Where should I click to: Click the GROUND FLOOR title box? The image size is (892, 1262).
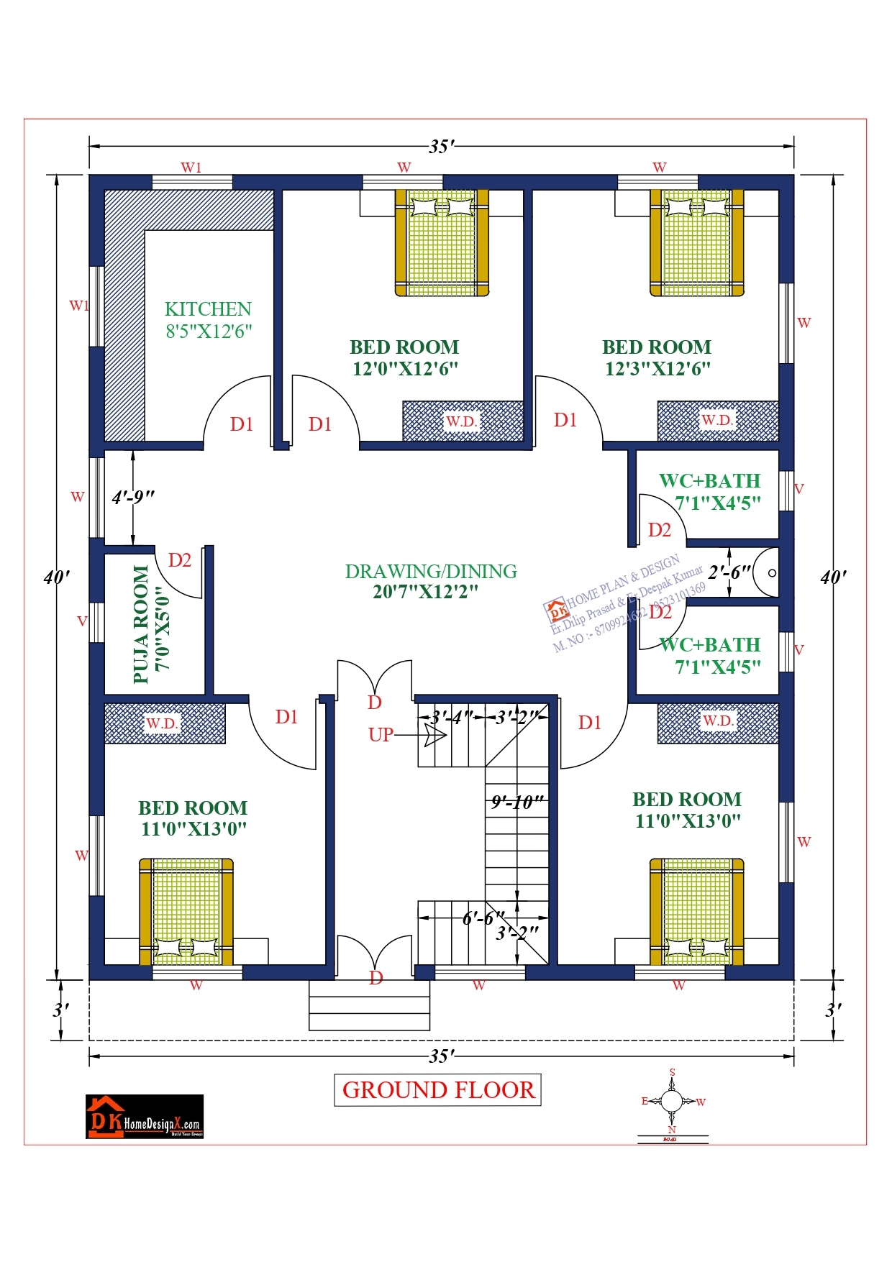pyautogui.click(x=437, y=1090)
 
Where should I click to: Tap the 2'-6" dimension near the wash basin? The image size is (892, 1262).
pyautogui.click(x=729, y=572)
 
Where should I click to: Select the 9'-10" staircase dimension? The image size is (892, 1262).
pyautogui.click(x=516, y=802)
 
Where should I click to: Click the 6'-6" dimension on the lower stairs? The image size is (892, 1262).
pyautogui.click(x=483, y=918)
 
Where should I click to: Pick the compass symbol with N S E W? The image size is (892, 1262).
pyautogui.click(x=671, y=1101)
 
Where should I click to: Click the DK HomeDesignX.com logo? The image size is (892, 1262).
pyautogui.click(x=145, y=1117)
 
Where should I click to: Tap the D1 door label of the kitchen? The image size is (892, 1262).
pyautogui.click(x=242, y=424)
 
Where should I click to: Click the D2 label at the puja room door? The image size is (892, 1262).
pyautogui.click(x=179, y=560)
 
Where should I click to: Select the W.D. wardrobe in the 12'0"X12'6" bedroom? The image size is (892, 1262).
pyautogui.click(x=462, y=421)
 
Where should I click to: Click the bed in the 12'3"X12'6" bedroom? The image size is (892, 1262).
pyautogui.click(x=696, y=242)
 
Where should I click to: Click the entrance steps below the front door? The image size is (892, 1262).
pyautogui.click(x=369, y=1005)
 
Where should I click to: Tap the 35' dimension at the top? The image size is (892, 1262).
pyautogui.click(x=441, y=147)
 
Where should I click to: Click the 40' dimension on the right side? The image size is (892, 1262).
pyautogui.click(x=833, y=577)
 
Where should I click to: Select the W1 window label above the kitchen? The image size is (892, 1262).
pyautogui.click(x=191, y=168)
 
